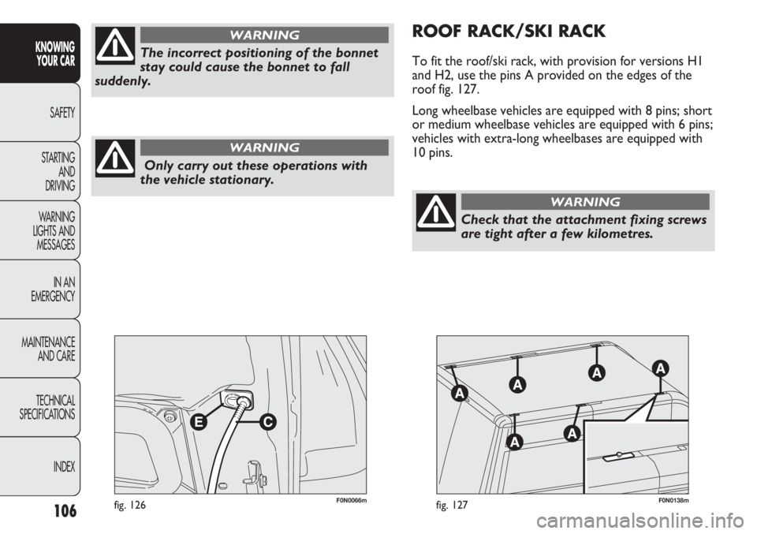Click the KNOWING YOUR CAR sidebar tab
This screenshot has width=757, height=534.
pyautogui.click(x=39, y=53)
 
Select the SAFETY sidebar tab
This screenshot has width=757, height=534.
pyautogui.click(x=39, y=113)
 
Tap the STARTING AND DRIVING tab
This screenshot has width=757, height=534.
pyautogui.click(x=39, y=171)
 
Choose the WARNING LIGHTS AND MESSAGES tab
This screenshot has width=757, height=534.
pyautogui.click(x=39, y=230)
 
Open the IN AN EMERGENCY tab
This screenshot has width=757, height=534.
pyautogui.click(x=39, y=289)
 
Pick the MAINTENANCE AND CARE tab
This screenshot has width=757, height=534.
pyautogui.click(x=39, y=349)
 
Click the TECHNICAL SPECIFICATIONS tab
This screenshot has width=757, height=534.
pyautogui.click(x=39, y=408)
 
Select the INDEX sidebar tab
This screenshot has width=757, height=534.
pyautogui.click(x=39, y=466)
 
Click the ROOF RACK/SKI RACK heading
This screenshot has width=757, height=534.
pyautogui.click(x=509, y=32)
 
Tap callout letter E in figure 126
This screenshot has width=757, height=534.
pyautogui.click(x=198, y=422)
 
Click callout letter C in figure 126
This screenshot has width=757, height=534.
pyautogui.click(x=267, y=422)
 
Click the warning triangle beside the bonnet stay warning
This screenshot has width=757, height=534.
pyautogui.click(x=115, y=46)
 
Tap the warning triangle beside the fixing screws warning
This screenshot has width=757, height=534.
pyautogui.click(x=436, y=212)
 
